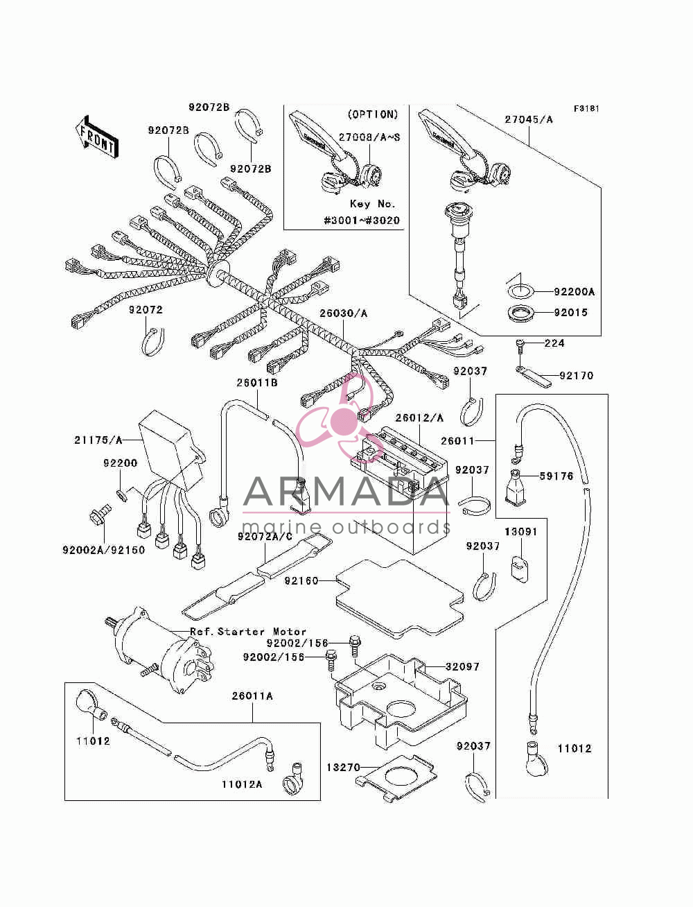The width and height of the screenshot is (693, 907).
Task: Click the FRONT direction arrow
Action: [98, 137]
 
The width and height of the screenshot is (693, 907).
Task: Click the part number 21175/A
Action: [98, 440]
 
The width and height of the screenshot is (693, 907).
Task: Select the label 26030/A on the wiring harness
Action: [343, 313]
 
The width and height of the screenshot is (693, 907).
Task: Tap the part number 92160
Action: [301, 581]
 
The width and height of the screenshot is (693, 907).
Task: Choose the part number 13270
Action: [343, 768]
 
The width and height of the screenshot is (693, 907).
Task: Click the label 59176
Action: [556, 476]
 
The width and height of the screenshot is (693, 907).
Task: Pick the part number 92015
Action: [571, 313]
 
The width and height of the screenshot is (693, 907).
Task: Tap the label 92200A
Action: [574, 292]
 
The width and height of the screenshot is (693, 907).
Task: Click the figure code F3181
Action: [586, 109]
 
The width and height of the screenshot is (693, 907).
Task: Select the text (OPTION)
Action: [373, 114]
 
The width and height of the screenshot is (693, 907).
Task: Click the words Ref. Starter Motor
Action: [248, 632]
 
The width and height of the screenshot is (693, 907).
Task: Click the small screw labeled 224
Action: [520, 346]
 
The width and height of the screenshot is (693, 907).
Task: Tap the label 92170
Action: [576, 376]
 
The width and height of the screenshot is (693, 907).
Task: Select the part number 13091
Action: [520, 532]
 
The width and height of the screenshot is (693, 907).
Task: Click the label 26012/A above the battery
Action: [419, 418]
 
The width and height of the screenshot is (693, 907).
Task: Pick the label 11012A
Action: [242, 784]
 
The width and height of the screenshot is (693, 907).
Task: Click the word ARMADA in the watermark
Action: [346, 492]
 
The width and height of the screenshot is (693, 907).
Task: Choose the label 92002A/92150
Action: [104, 551]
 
